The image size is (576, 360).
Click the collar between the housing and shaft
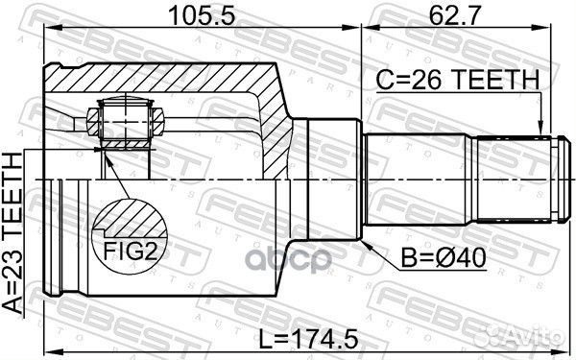(326, 180)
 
